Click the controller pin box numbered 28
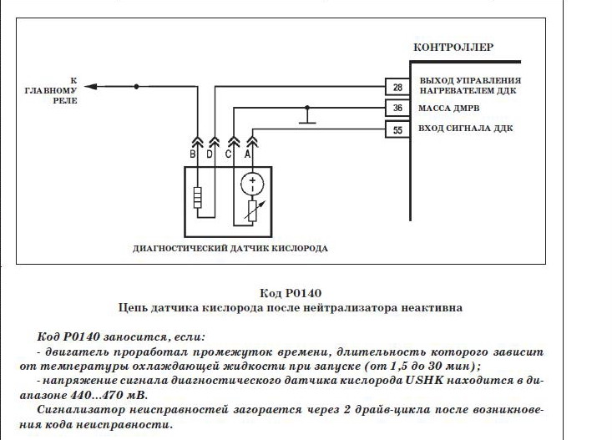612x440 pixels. [x=397, y=87]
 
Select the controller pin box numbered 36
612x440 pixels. [x=397, y=108]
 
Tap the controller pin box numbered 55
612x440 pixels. [x=397, y=129]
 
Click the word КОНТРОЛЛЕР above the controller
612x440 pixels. [x=453, y=48]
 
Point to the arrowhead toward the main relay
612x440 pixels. [x=90, y=86]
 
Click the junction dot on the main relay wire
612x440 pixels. [x=136, y=86]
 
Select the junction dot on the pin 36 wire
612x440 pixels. [x=307, y=108]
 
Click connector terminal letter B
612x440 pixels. [x=192, y=154]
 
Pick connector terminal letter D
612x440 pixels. [x=210, y=154]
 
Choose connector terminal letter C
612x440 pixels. [x=228, y=154]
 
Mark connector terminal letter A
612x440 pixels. [x=247, y=154]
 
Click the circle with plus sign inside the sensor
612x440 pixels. [x=252, y=184]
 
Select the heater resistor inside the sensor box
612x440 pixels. [x=198, y=198]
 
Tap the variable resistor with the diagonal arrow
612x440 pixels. [x=253, y=211]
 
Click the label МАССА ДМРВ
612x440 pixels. [x=449, y=109]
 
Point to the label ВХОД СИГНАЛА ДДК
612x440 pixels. [x=466, y=129]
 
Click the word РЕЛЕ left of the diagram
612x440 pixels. [x=65, y=100]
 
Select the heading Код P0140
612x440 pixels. [x=291, y=293]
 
